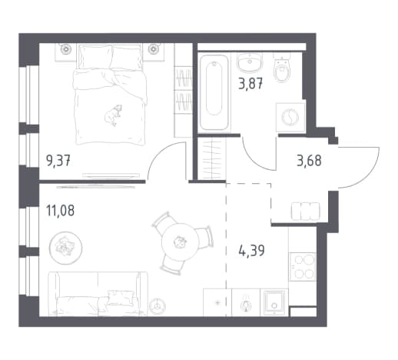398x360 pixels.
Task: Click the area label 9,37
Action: pyautogui.click(x=58, y=162)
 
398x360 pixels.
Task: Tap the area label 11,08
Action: pyautogui.click(x=61, y=211)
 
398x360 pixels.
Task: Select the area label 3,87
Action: pyautogui.click(x=250, y=84)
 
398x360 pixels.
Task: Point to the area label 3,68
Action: pyautogui.click(x=309, y=161)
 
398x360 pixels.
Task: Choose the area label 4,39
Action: pyautogui.click(x=251, y=251)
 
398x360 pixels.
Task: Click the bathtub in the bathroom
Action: pyautogui.click(x=214, y=93)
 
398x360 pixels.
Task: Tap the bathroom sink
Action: pyautogui.click(x=250, y=62)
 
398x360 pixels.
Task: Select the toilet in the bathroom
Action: pyautogui.click(x=282, y=67)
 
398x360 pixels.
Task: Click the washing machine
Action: pyautogui.click(x=290, y=117)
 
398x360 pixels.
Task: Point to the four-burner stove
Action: pyautogui.click(x=302, y=266)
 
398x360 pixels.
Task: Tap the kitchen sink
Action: pyautogui.click(x=274, y=302)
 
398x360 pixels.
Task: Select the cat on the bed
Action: pyautogui.click(x=114, y=115)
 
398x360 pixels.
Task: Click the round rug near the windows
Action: pyautogui.click(x=65, y=248)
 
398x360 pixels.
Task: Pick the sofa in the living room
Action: pyautogui.click(x=98, y=294)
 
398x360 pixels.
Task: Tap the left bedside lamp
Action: pyautogui.click(x=65, y=48)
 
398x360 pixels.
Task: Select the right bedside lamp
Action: pyautogui.click(x=154, y=48)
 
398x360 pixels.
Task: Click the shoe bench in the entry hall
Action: pyautogui.click(x=306, y=212)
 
